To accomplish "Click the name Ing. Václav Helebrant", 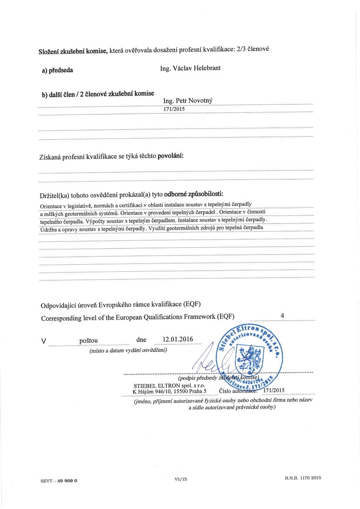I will tap(190, 68).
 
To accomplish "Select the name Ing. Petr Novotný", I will tap(188, 101).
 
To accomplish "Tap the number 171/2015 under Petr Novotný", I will tap(174, 109).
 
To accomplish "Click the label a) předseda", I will tap(58, 70).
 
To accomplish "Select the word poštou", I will tap(88, 340).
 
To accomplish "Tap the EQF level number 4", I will tap(282, 316).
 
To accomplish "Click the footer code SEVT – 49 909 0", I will tap(58, 481).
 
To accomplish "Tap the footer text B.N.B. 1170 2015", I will tap(303, 478).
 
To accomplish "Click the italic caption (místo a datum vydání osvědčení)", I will tap(128, 350).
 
